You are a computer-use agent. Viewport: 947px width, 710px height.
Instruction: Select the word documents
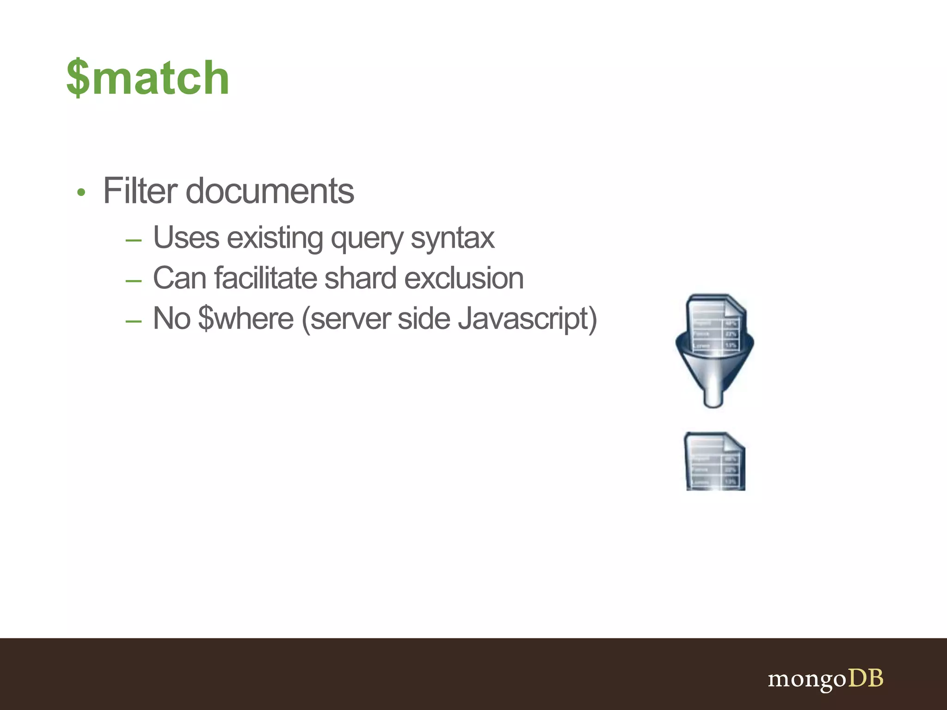[x=270, y=190]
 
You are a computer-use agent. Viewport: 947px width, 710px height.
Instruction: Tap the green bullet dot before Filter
[x=81, y=193]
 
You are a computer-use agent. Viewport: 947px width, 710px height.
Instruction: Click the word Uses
[x=186, y=238]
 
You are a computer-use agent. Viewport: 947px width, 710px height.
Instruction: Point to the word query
[x=367, y=239]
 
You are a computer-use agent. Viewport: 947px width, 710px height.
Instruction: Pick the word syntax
[x=452, y=239]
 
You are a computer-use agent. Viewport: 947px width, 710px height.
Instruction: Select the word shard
[x=360, y=278]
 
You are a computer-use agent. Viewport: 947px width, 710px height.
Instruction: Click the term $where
[x=246, y=318]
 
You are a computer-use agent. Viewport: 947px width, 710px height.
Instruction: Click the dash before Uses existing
[x=133, y=240]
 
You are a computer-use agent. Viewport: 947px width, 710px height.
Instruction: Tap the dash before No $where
[x=133, y=320]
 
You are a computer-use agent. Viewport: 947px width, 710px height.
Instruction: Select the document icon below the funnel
[x=714, y=461]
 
